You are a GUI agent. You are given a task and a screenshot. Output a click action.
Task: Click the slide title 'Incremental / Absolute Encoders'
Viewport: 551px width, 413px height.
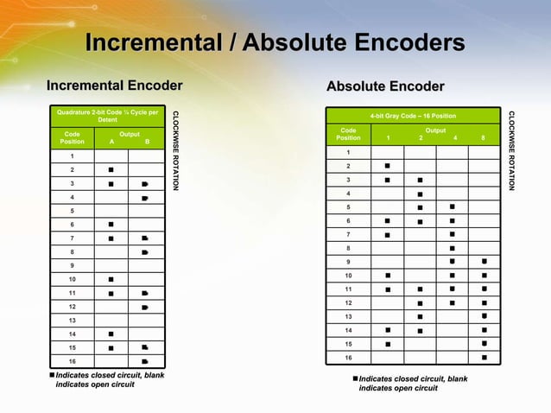coord(275,42)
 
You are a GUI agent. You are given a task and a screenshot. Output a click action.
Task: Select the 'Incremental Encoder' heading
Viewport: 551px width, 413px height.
coord(114,85)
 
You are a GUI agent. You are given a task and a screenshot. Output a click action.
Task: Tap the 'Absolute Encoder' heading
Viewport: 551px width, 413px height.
coord(385,86)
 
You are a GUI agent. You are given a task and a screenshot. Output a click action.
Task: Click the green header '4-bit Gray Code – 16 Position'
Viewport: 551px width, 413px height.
coord(412,116)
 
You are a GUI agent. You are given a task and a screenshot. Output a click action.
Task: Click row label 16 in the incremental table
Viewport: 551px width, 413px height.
coord(73,361)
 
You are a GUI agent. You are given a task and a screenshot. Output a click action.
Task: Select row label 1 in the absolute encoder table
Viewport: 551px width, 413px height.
coord(348,152)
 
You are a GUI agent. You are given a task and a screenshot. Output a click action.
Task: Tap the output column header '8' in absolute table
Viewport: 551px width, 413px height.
coord(484,137)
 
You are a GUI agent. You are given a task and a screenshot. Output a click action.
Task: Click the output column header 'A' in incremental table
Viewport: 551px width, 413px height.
coord(111,142)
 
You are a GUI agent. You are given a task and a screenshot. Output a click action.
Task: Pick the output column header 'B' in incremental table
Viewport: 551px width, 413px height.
coord(147,142)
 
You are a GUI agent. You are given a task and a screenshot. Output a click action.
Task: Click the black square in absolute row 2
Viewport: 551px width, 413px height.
coord(388,165)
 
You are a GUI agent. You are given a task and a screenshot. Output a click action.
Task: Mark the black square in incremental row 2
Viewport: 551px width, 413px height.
coord(111,169)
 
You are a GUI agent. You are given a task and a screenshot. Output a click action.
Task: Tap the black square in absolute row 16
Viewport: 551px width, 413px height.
coord(484,357)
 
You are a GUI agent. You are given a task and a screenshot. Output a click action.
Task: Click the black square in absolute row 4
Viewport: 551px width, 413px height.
coord(420,194)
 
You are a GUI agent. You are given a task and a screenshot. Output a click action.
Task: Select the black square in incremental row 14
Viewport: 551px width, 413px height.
coord(111,334)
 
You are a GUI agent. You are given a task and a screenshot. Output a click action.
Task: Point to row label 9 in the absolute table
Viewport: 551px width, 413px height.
coord(348,262)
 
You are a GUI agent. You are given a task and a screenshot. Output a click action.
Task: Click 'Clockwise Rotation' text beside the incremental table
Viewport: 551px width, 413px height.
coord(176,150)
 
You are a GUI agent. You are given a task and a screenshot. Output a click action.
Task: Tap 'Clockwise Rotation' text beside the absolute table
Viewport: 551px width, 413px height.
coord(511,150)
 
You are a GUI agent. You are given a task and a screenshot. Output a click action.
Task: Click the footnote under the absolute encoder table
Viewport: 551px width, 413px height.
coord(408,384)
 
